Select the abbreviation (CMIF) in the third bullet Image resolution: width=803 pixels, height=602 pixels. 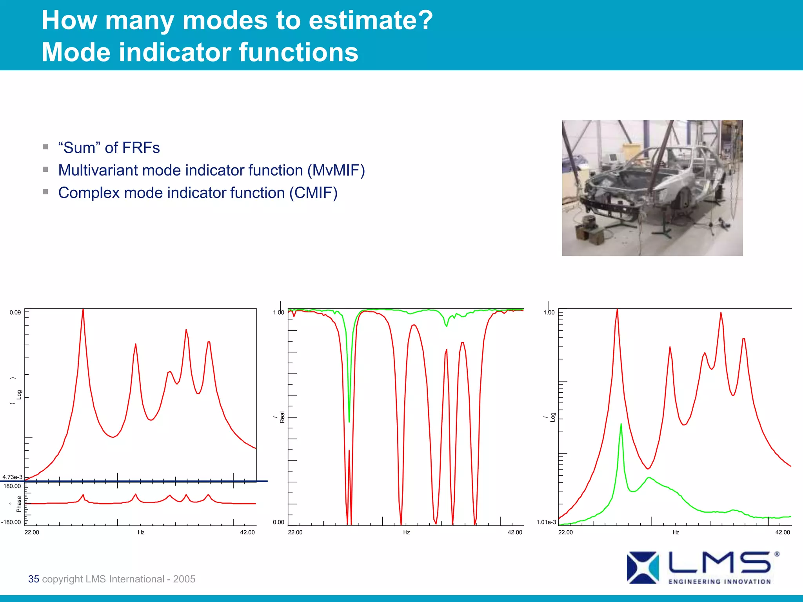313,193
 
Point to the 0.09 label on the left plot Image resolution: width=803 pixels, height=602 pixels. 15,312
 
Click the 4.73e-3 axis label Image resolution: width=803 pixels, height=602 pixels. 13,477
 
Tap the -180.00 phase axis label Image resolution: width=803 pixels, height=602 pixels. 11,522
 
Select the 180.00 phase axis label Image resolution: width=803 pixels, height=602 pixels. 12,486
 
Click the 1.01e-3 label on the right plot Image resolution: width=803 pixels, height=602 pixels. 546,522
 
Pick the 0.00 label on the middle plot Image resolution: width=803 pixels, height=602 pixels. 278,522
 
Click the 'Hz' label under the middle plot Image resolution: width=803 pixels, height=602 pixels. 406,532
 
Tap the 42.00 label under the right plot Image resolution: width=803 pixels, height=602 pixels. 783,532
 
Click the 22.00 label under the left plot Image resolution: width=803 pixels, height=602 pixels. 32,532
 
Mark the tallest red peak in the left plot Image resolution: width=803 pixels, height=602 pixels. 83,310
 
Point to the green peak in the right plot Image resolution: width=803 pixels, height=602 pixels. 621,424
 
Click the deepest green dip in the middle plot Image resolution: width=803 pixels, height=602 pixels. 349,421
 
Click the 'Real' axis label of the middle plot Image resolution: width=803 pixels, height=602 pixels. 282,417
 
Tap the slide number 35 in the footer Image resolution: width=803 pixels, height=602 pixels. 33,579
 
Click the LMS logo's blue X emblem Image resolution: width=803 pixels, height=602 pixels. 642,568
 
